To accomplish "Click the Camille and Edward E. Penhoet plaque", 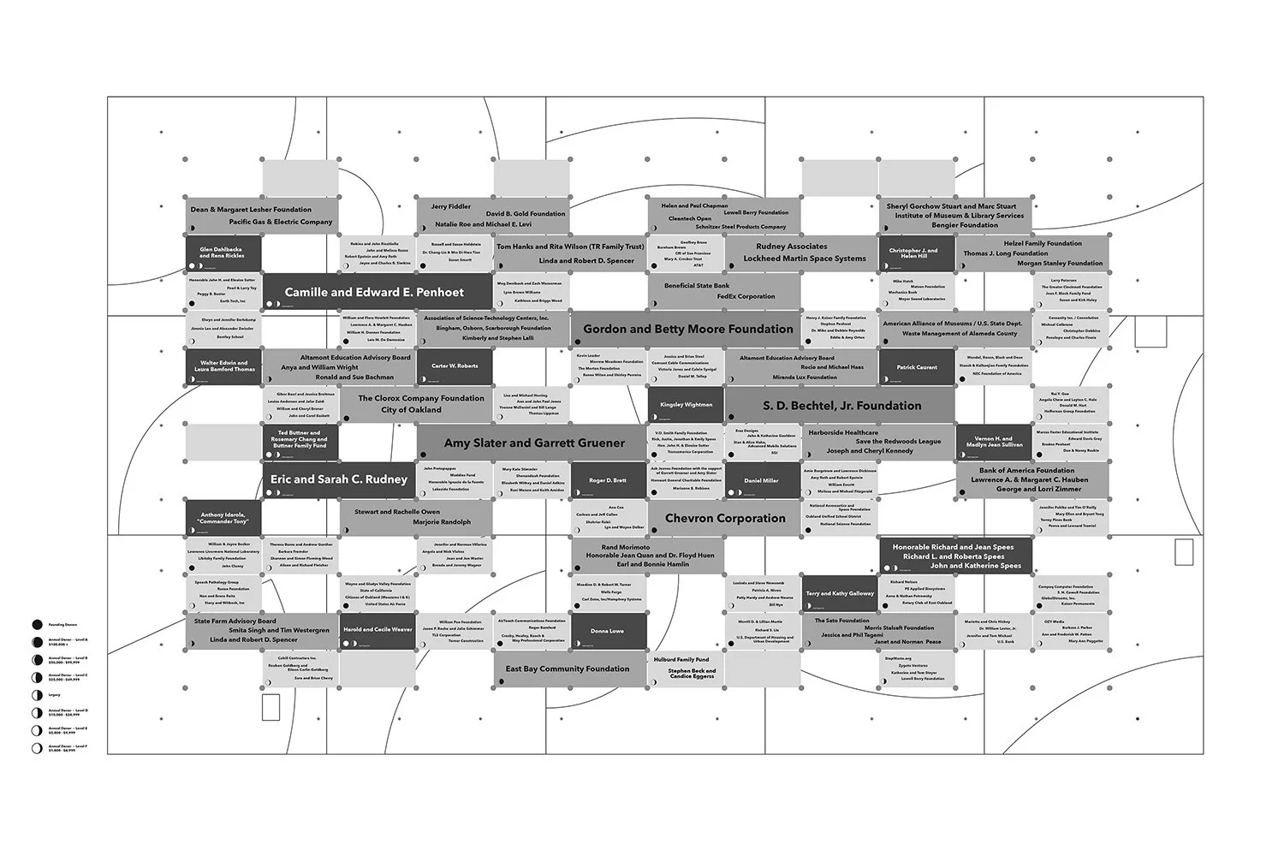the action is tap(374, 293).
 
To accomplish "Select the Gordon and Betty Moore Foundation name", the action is tap(688, 329).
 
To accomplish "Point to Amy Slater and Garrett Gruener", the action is tap(534, 443).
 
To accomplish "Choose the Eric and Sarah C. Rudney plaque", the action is tap(339, 479).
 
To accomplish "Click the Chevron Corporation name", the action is tap(725, 518).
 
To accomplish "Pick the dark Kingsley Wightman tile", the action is tap(686, 405).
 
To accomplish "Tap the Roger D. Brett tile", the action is tap(608, 481).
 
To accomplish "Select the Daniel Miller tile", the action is tap(761, 481).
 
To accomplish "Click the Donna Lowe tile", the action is tap(608, 631).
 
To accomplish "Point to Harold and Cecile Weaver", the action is tap(377, 630).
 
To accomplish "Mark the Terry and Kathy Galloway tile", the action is tap(840, 593).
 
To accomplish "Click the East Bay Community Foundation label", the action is tap(567, 669).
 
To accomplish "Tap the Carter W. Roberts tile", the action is tap(455, 366).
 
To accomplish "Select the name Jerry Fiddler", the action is tap(451, 206).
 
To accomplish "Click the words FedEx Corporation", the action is tap(746, 296).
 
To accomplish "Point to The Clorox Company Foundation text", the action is tap(420, 398).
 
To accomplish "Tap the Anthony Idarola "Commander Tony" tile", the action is tap(223, 518).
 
